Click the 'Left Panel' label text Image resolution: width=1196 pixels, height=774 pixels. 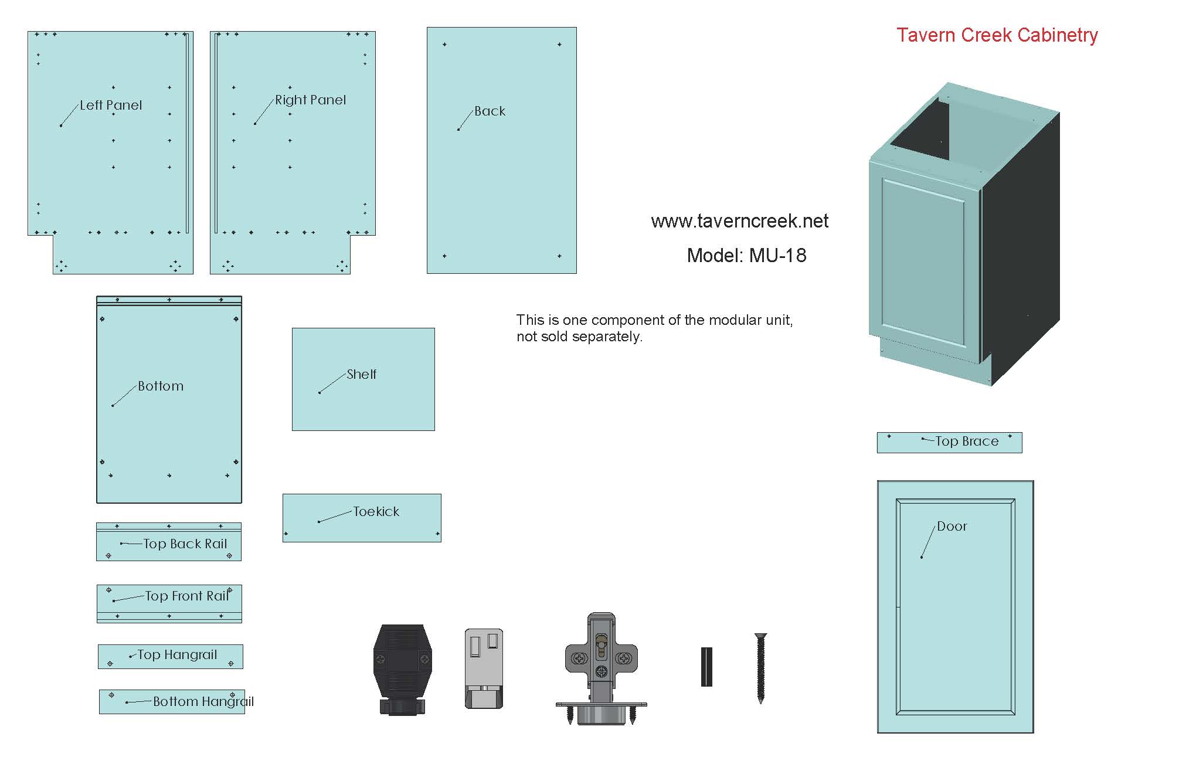coord(111,106)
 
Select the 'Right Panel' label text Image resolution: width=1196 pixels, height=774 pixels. coord(311,100)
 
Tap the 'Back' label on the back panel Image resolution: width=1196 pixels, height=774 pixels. coord(490,111)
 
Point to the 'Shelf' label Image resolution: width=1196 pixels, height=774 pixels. coord(362,374)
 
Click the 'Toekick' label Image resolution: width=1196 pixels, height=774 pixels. coord(376,512)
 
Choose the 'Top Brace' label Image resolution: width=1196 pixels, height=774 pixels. coord(967,442)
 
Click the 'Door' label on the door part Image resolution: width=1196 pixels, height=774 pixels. coord(952,527)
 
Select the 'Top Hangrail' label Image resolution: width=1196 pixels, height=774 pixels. coord(177,655)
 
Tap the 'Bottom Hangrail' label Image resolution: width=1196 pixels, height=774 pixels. coord(203,702)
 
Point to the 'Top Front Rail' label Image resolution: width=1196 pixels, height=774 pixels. coord(187,596)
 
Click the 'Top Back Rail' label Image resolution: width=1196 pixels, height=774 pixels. coord(185,544)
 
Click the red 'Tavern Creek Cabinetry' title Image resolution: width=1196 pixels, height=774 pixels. coord(997,35)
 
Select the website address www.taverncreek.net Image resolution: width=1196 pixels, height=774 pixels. coord(740,221)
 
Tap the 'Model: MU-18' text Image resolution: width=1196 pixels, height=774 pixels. coord(746,256)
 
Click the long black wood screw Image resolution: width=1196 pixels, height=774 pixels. coord(761,668)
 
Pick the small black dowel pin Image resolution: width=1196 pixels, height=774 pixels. coord(706,667)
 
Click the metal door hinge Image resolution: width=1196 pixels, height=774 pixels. coord(602,669)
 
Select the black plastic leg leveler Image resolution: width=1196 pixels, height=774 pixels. coord(403,670)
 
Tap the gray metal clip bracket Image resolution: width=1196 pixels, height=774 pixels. coord(484,669)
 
